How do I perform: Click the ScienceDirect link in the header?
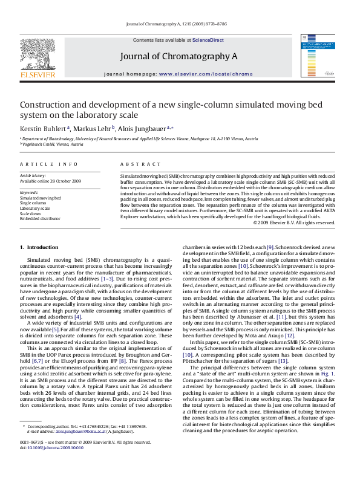pos(208,40)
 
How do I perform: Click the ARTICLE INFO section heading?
pos(49,164)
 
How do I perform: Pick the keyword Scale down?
pos(30,213)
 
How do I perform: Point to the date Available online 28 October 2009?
pos(50,181)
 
